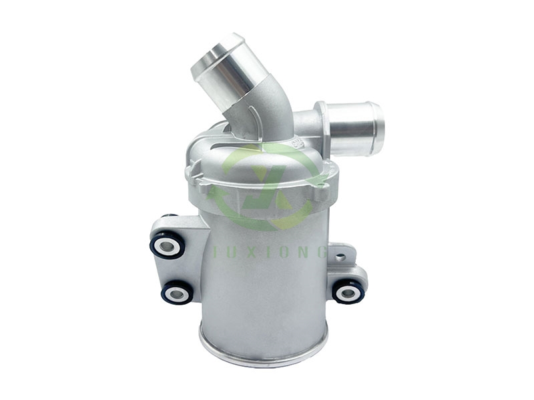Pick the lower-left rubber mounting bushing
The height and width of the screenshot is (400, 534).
[x=177, y=291]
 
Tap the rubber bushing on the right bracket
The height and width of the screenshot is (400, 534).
[x=348, y=291]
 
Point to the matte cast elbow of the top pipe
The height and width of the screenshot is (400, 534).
[x=270, y=113]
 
